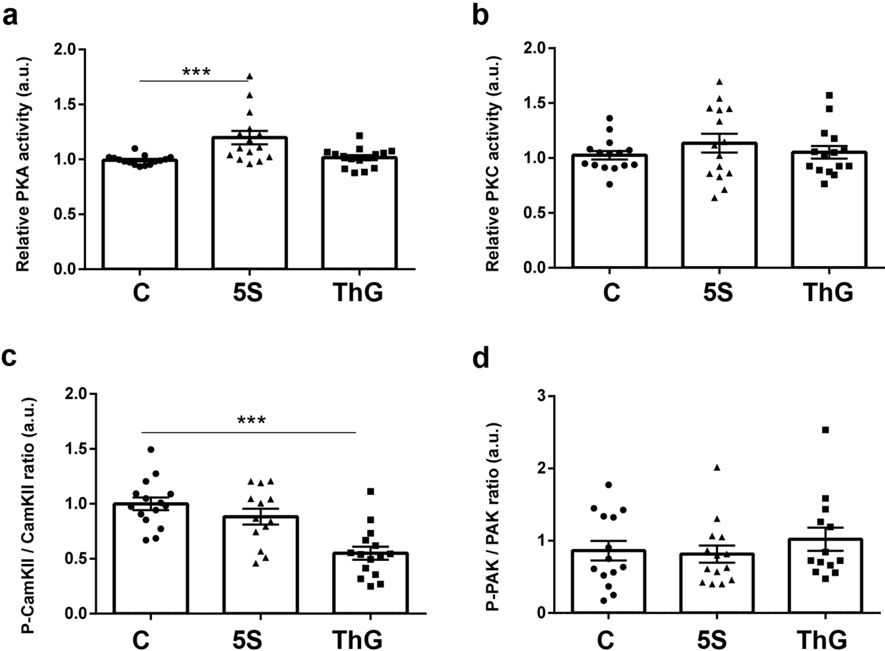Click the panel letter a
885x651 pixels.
[11, 16]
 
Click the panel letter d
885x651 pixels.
[481, 359]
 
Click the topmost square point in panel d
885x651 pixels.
[825, 430]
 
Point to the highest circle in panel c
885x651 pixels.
[150, 449]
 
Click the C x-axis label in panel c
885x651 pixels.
[141, 639]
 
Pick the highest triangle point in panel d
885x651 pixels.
[716, 467]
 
